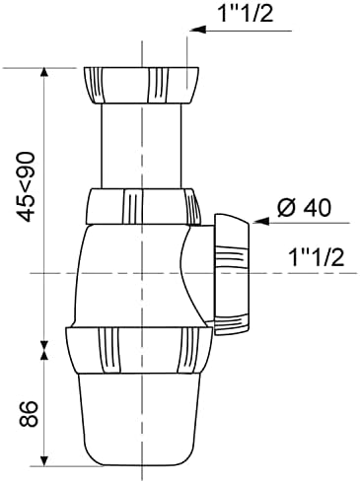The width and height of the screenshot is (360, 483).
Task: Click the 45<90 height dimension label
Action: pos(27,186)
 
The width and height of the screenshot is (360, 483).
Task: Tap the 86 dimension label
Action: pos(28,414)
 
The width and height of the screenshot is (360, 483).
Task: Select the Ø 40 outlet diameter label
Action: pos(304,208)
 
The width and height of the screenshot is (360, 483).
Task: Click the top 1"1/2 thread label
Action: pos(246,13)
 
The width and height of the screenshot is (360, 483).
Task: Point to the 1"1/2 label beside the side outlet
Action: pos(316,256)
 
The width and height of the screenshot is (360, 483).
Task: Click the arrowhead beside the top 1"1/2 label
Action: pos(198,30)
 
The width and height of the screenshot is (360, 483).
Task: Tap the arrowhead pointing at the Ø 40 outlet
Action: pos(261,222)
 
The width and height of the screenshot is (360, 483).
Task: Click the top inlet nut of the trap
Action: pos(141,86)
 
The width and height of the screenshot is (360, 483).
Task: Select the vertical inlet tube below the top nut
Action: pos(141,146)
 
